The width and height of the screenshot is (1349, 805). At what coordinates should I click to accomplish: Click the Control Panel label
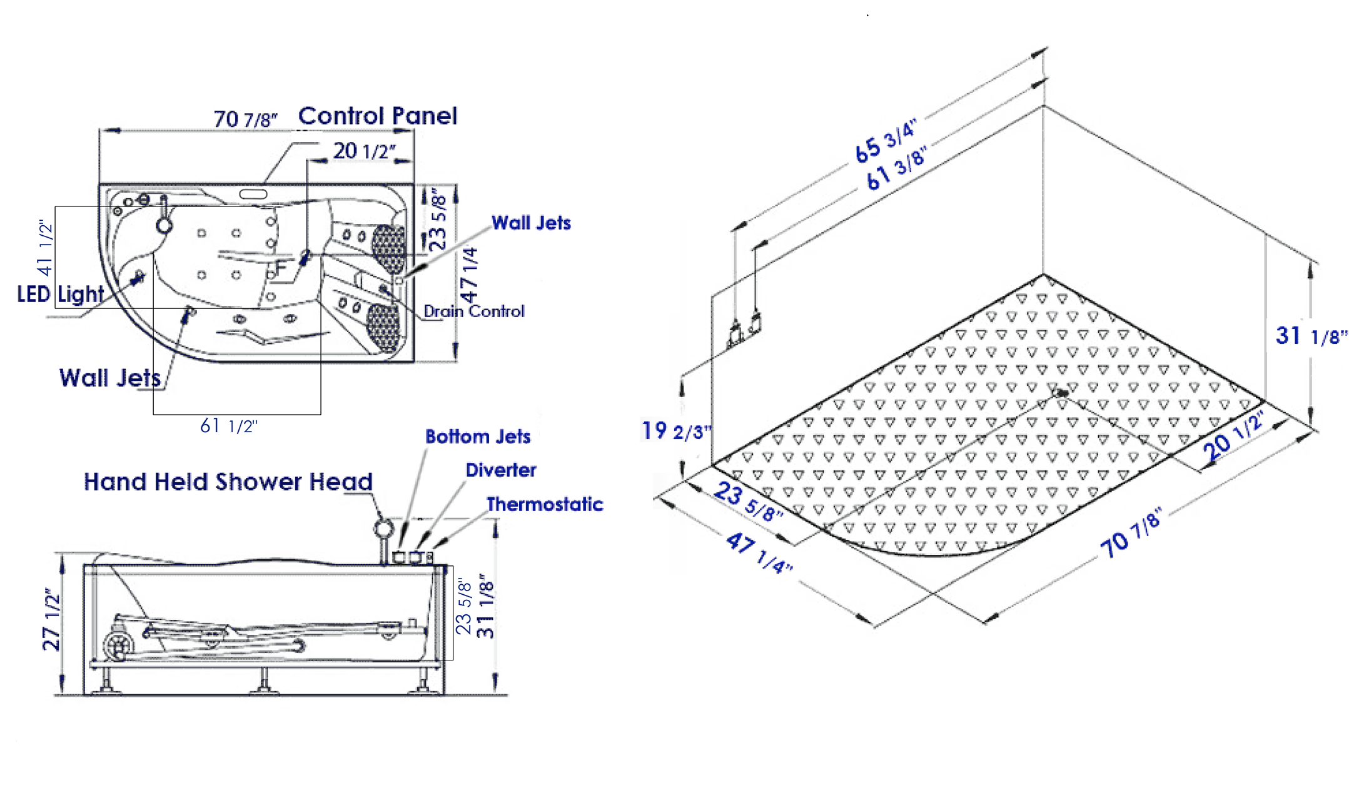[377, 116]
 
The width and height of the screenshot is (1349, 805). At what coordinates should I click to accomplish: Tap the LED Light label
[60, 294]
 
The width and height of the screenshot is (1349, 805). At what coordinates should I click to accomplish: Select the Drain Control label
[473, 311]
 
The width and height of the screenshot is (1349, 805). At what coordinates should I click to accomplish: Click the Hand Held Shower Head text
[228, 482]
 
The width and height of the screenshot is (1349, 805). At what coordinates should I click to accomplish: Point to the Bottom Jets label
[478, 437]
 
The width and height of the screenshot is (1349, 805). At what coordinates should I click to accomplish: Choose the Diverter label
[501, 470]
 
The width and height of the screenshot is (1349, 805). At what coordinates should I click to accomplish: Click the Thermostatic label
[545, 505]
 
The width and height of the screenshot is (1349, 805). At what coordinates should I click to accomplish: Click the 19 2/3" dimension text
[676, 431]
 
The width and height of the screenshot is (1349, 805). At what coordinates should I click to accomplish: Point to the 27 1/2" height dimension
[51, 620]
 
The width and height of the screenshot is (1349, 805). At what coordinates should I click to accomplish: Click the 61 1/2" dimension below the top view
[228, 427]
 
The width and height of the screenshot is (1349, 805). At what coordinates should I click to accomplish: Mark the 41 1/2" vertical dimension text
[45, 248]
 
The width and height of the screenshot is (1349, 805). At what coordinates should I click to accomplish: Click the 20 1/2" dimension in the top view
[364, 151]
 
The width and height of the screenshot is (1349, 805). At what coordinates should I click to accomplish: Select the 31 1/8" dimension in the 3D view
[1311, 337]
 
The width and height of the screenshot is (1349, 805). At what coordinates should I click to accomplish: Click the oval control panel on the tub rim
[253, 195]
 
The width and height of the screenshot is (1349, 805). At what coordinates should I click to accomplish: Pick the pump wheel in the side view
[117, 645]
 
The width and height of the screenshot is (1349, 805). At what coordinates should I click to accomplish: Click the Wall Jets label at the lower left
[110, 378]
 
